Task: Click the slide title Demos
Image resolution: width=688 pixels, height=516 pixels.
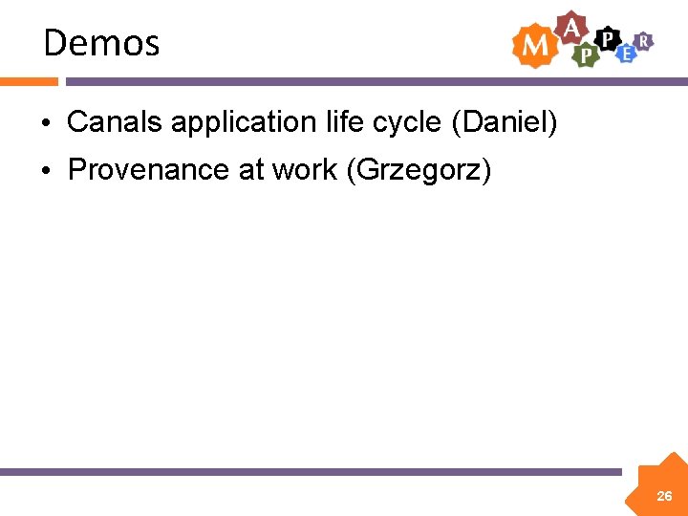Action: click(x=101, y=43)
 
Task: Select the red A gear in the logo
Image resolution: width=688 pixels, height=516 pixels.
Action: click(x=571, y=28)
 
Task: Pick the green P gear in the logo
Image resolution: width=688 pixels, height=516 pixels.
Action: click(x=585, y=55)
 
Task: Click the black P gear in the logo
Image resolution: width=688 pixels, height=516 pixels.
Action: click(x=606, y=38)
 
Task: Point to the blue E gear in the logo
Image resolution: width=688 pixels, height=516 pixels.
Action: click(x=626, y=54)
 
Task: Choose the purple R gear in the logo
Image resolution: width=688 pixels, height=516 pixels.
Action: click(x=645, y=39)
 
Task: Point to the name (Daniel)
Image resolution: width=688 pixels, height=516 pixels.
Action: click(x=504, y=122)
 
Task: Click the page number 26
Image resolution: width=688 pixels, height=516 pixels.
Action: click(x=664, y=496)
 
